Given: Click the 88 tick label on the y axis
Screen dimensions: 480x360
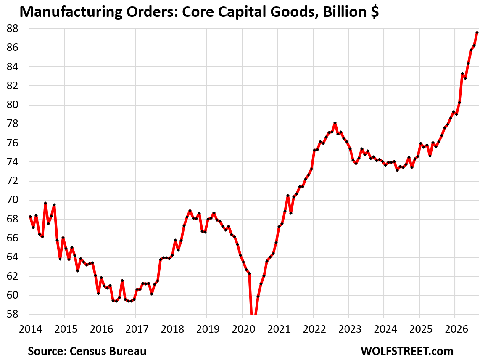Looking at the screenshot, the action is [x=12, y=29].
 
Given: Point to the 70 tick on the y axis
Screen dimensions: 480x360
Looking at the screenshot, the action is [x=12, y=200].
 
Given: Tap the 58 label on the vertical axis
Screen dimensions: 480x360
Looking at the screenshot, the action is [x=12, y=314].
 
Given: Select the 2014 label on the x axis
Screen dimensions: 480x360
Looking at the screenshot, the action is [x=30, y=329].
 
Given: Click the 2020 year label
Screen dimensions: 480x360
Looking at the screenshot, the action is [x=243, y=329].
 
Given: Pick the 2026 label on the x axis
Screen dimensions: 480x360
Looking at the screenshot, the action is [x=456, y=329].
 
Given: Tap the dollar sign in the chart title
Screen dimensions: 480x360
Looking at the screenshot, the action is [x=375, y=12].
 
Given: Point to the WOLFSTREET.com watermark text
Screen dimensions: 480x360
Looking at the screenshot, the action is [x=407, y=351].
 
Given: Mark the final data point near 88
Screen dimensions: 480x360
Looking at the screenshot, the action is [x=477, y=32].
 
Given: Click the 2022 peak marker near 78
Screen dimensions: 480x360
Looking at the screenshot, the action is [x=335, y=123].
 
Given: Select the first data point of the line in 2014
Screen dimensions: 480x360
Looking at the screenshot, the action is [x=30, y=217].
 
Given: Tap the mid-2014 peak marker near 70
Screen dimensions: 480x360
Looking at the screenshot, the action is [x=45, y=203].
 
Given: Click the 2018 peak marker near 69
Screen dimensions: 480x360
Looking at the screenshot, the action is [x=190, y=211].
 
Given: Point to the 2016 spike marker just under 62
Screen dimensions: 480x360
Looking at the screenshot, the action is [x=122, y=281].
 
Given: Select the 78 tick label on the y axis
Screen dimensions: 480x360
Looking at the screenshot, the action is [x=12, y=124].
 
